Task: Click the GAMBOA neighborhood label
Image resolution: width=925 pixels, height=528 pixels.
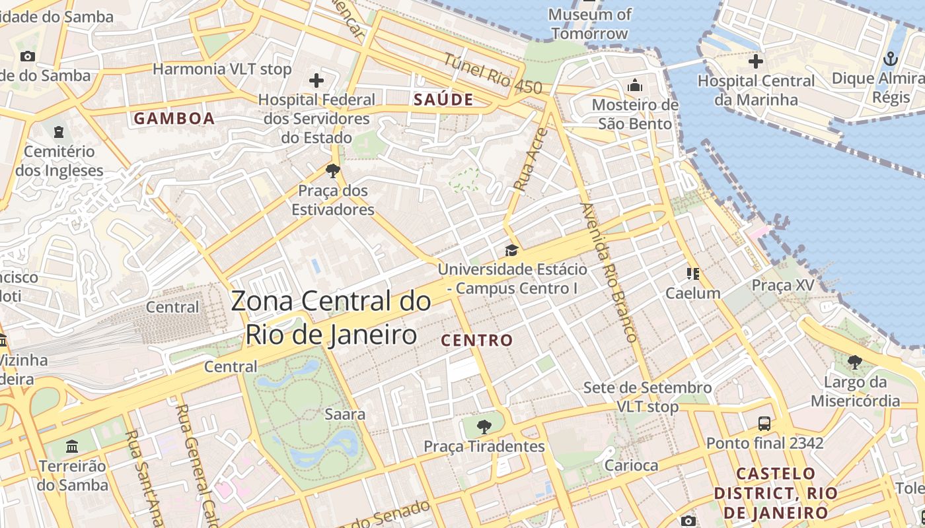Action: [174, 119]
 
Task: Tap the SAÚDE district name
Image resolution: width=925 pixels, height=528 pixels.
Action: [443, 100]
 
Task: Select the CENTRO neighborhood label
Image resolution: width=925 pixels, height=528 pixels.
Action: [476, 341]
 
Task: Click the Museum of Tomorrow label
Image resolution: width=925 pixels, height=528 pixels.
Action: [589, 24]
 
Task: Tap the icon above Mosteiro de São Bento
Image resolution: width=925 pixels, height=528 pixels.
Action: [635, 85]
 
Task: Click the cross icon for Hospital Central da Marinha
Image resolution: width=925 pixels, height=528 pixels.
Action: [755, 61]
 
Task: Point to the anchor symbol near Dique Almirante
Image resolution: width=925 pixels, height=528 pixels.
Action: [891, 59]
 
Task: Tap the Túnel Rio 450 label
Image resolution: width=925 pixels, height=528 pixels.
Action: [492, 74]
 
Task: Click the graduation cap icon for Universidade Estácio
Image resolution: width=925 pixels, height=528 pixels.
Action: [511, 250]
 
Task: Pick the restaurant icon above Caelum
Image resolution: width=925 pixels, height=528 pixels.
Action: [692, 273]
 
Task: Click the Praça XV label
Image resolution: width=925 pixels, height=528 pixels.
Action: [783, 285]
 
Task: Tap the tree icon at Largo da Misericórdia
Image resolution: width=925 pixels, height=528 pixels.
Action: [854, 362]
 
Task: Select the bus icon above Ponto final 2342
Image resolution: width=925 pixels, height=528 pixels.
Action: [764, 423]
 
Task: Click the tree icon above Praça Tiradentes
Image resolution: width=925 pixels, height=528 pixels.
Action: [484, 426]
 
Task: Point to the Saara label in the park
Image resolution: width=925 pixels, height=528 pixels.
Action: [345, 414]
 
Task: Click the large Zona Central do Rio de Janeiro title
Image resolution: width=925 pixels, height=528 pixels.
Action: [331, 318]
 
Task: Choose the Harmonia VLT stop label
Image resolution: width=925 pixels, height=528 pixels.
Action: [222, 69]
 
